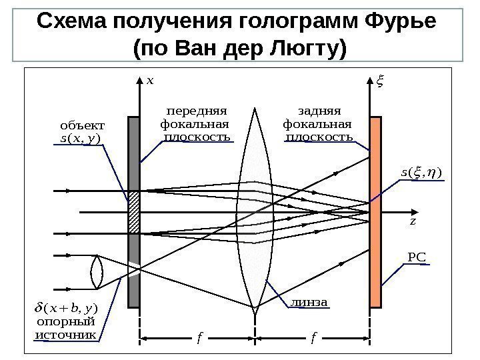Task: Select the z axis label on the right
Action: pos(413,221)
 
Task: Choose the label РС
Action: pos(416,255)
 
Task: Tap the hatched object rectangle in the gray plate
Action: pos(134,212)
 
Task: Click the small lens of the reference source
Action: pos(95,273)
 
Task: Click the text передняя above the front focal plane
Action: pos(197,111)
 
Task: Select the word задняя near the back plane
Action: pos(317,111)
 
